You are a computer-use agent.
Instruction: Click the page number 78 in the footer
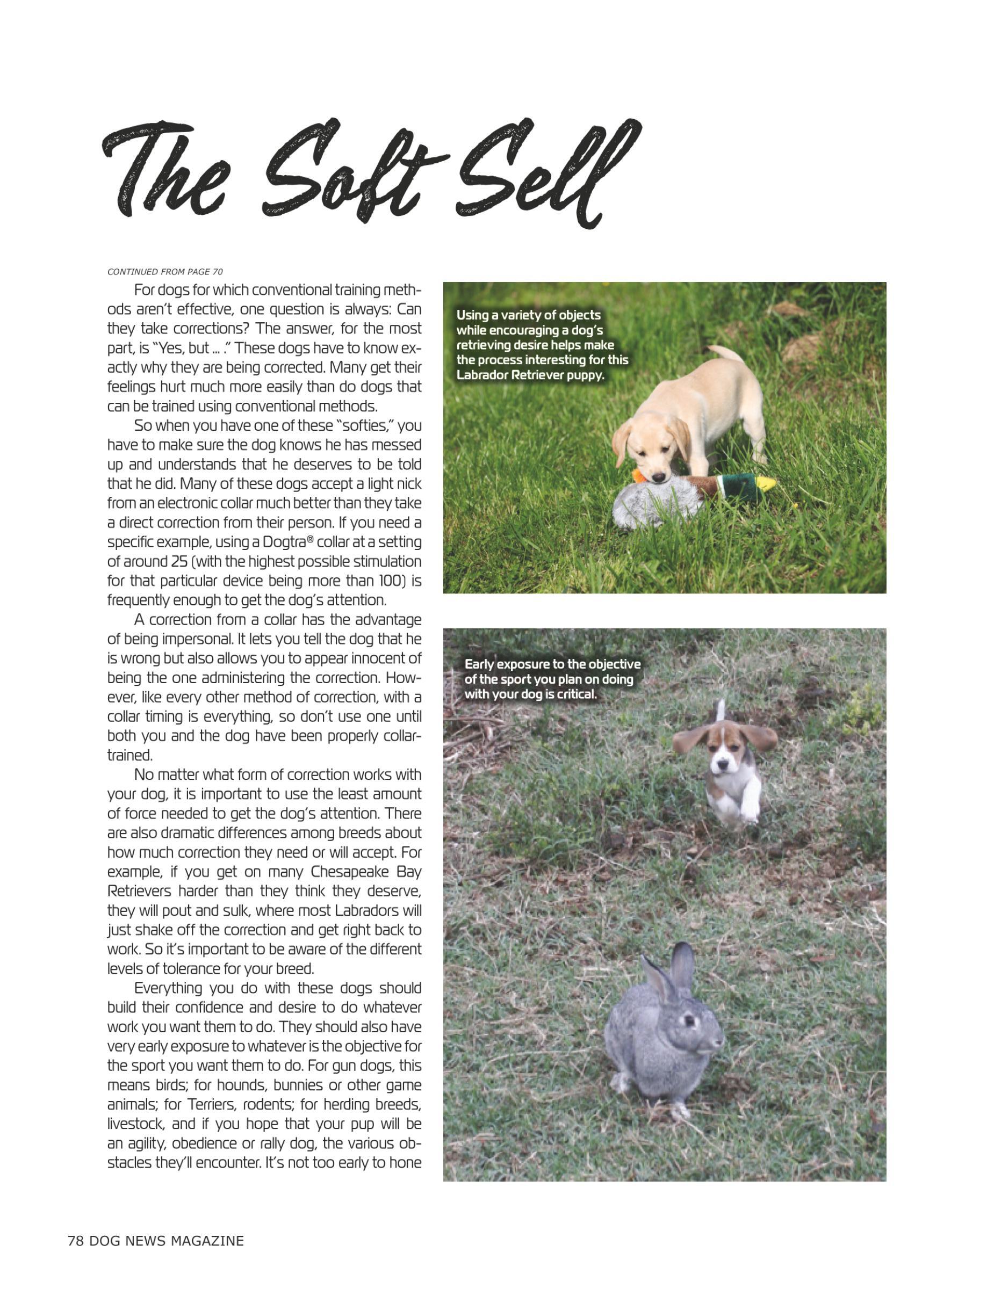pyautogui.click(x=75, y=1241)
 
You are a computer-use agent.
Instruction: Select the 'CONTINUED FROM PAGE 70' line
pyautogui.click(x=165, y=271)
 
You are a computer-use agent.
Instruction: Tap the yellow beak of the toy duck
pyautogui.click(x=766, y=483)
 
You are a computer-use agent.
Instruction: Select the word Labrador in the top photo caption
pyautogui.click(x=484, y=375)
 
